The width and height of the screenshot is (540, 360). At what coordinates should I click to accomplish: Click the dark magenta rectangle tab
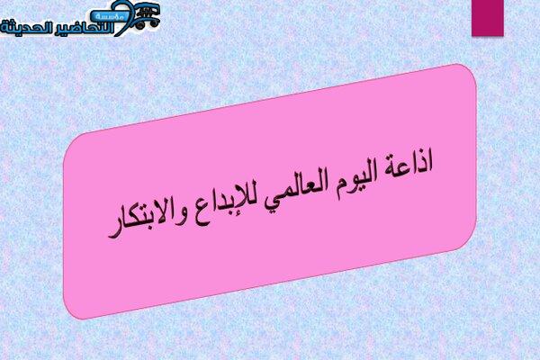pos(488,18)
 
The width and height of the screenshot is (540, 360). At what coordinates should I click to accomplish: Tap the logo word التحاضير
pos(82,28)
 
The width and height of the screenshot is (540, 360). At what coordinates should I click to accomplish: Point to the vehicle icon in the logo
pos(147,16)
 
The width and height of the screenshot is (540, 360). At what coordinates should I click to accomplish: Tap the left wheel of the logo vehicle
pos(139,25)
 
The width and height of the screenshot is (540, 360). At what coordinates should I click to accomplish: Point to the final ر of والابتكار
pos(113,233)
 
